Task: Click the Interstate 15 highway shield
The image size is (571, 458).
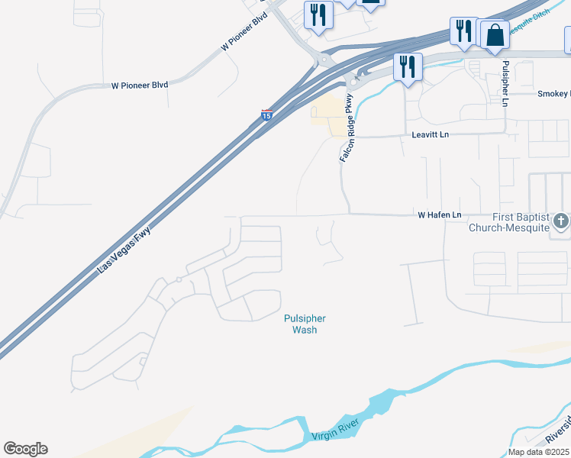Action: coord(266,114)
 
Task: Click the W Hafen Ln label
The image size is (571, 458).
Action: coord(440,215)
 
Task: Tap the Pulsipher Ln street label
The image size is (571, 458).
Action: coord(505,82)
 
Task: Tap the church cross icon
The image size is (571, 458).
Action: coord(561,222)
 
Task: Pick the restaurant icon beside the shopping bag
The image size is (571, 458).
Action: coord(463,31)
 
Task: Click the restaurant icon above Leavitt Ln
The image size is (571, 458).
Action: coord(408,66)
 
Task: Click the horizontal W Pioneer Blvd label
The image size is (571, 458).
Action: coord(140,85)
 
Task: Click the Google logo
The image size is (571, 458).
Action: coord(25,449)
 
